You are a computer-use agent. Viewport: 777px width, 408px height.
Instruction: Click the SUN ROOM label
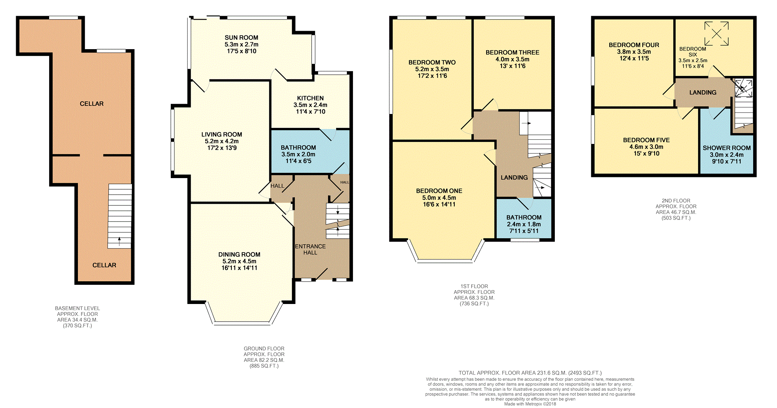point(241,38)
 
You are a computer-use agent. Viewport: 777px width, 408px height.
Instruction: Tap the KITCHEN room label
point(310,98)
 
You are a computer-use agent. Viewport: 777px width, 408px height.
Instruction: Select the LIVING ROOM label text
point(222,135)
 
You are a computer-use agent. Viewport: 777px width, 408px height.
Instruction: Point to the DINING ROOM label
point(239,254)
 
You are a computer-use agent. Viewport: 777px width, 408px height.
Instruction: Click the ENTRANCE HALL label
point(310,249)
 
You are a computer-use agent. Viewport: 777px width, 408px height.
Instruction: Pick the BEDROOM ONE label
point(439,191)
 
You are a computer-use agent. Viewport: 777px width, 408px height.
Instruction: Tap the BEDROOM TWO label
point(432,63)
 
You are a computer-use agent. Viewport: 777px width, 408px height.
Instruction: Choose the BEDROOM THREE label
point(513,53)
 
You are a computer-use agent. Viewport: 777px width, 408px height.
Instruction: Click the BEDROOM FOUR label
point(634,45)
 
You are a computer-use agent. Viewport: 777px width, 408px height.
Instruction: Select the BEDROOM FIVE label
point(647,140)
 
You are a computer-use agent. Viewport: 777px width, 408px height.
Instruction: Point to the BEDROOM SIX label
point(693,52)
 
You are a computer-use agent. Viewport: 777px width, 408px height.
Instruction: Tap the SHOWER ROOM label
point(727,148)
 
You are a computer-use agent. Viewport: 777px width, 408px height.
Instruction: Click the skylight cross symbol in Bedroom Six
point(716,33)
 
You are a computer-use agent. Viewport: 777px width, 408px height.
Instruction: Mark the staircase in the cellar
point(120,216)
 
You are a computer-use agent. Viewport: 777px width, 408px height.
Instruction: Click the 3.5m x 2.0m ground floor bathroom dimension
point(298,154)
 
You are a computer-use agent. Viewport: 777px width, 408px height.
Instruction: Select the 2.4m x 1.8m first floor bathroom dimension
point(524,224)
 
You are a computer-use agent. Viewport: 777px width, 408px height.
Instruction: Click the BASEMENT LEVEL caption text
point(78,308)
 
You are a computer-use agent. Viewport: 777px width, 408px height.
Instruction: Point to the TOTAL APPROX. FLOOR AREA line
point(530,373)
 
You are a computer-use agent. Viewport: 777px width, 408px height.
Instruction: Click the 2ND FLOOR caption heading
point(676,201)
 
